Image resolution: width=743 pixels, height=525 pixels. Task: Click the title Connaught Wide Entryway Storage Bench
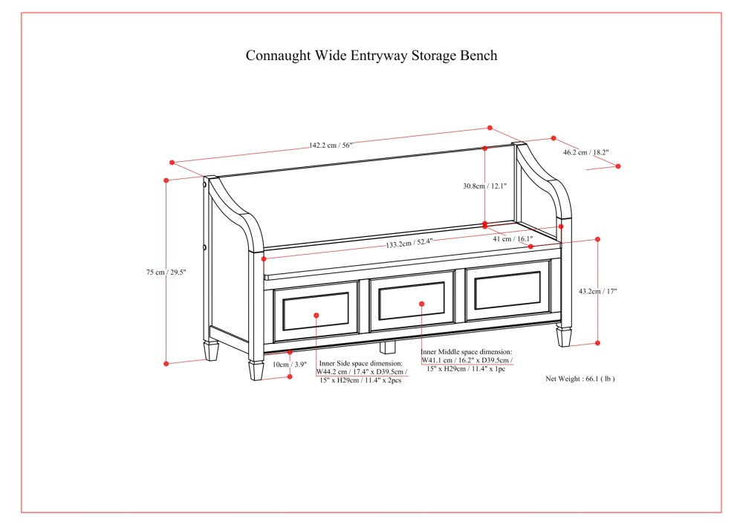(x=371, y=56)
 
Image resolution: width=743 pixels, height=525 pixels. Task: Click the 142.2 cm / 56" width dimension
(x=331, y=146)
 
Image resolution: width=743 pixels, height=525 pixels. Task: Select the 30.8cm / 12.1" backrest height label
(x=484, y=186)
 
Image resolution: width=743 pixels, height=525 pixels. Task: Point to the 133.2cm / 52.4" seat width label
(x=409, y=243)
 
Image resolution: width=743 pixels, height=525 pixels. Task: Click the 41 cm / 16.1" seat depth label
(x=513, y=239)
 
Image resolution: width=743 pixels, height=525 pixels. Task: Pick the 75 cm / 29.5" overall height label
(x=166, y=273)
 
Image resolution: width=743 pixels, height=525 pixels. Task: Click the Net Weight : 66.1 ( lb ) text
(x=580, y=379)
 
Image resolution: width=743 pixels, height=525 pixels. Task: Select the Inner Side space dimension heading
(x=361, y=363)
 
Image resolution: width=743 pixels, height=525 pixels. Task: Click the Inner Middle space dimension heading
(x=466, y=352)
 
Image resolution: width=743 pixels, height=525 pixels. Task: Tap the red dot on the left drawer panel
(x=316, y=316)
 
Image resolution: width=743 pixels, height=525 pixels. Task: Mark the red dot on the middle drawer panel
(x=421, y=303)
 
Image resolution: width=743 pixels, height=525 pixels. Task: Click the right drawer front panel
(x=507, y=290)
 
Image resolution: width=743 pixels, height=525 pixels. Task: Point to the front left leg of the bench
(x=256, y=368)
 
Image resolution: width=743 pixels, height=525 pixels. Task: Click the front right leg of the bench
(x=565, y=336)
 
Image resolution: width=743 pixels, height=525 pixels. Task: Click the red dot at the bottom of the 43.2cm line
(x=597, y=343)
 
